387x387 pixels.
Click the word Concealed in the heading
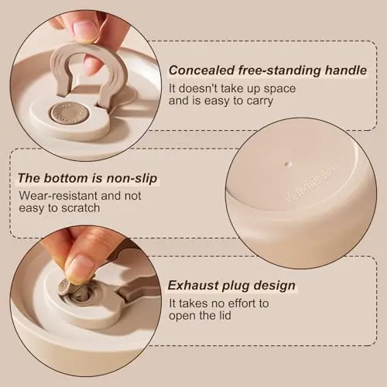(201, 70)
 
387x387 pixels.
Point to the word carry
(259, 101)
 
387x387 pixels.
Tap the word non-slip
(132, 179)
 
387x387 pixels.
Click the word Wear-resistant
(58, 196)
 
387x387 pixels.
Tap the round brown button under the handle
(68, 112)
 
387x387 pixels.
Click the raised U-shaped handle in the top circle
(87, 67)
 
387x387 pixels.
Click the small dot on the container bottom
(287, 164)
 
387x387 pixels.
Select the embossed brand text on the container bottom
(312, 183)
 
